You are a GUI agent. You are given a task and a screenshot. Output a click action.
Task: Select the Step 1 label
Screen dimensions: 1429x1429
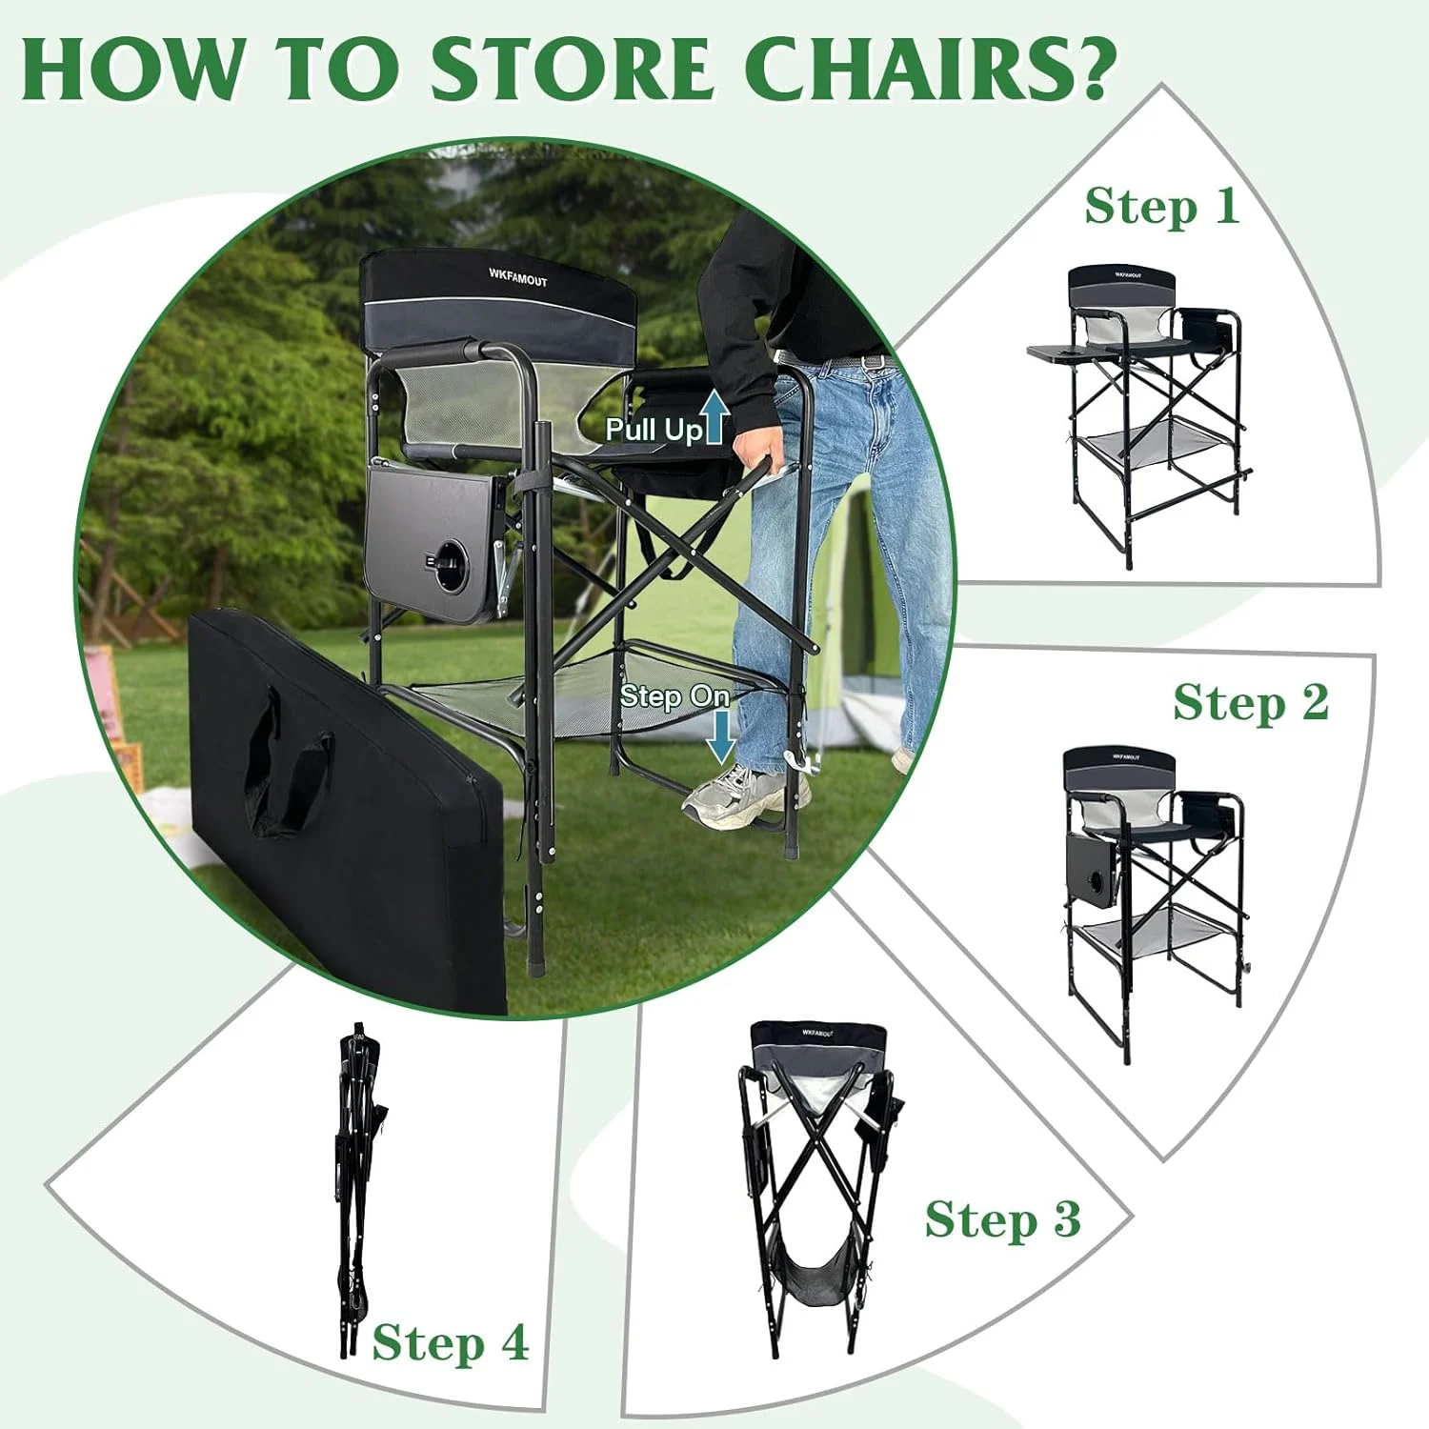(1161, 207)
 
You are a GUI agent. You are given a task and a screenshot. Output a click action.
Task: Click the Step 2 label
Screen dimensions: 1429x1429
(1250, 703)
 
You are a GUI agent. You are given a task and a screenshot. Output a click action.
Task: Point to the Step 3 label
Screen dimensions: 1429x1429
(1002, 1219)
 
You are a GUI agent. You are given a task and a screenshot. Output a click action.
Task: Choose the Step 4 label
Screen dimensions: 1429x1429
(450, 1343)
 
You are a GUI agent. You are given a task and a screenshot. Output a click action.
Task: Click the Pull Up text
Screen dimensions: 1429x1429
(654, 430)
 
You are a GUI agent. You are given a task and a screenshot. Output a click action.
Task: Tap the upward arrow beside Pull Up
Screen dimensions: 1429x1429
(715, 419)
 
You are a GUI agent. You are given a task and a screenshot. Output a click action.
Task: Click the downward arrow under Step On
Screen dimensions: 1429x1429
(721, 735)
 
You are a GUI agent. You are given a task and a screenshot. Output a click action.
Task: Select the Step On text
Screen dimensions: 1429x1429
(674, 696)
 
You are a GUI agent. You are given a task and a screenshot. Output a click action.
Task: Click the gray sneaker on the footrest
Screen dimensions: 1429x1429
(743, 796)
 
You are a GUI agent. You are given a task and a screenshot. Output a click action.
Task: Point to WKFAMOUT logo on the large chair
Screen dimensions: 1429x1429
(517, 276)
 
